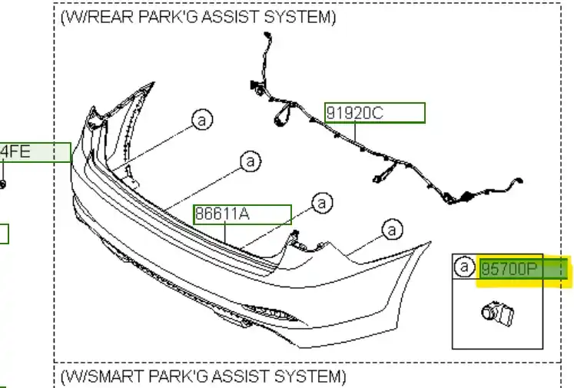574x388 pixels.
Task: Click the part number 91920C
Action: click(354, 113)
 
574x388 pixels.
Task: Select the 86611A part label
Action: click(222, 214)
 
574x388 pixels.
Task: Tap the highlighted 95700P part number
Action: click(509, 269)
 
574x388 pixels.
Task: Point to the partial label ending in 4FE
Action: click(15, 151)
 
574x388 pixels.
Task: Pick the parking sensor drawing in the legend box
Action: click(497, 314)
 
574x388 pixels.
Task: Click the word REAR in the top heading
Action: click(111, 17)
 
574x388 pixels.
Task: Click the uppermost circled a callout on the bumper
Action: click(202, 119)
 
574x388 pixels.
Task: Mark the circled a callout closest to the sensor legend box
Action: click(392, 230)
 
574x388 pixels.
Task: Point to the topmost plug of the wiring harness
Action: click(267, 36)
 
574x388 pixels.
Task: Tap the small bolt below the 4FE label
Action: click(2, 184)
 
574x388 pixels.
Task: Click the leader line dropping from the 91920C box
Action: click(355, 132)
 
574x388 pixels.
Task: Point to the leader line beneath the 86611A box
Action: click(225, 233)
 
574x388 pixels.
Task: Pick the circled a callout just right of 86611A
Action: click(322, 203)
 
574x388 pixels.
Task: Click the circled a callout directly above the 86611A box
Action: click(251, 161)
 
